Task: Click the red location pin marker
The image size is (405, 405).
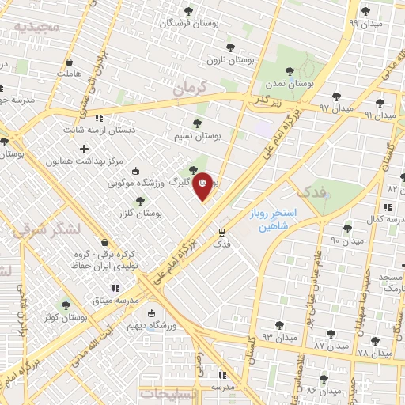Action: [203, 185]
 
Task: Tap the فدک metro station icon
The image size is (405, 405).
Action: [222, 233]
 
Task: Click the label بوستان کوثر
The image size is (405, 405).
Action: [66, 316]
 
